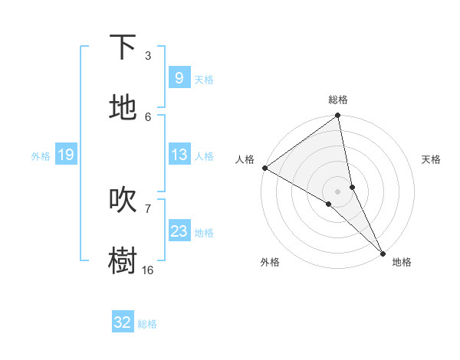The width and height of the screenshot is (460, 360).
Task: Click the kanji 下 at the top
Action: [x=123, y=47]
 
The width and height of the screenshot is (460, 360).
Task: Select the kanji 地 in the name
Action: [x=123, y=108]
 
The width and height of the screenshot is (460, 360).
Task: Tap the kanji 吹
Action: [x=123, y=200]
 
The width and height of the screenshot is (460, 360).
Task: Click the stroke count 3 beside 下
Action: [x=147, y=56]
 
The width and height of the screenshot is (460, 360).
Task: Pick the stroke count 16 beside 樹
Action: [x=147, y=270]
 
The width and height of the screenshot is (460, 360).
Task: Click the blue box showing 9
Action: [x=179, y=78]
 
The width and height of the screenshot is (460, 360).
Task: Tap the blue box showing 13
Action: [x=179, y=155]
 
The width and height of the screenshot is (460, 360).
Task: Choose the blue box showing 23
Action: [x=179, y=231]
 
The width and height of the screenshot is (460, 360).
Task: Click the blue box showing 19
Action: [x=65, y=155]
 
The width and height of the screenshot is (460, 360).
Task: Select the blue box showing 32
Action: [x=123, y=322]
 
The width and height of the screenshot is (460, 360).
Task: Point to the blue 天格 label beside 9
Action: [x=204, y=80]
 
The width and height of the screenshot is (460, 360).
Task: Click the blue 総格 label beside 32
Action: [x=147, y=324]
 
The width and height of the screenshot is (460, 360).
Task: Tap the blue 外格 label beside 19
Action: [x=41, y=156]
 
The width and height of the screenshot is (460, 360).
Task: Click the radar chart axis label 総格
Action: [x=338, y=100]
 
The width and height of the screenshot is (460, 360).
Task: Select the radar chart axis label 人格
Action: [x=245, y=159]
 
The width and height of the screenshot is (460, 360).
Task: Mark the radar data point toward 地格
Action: [x=383, y=252]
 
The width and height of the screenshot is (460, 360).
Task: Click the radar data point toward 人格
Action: [x=264, y=168]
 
